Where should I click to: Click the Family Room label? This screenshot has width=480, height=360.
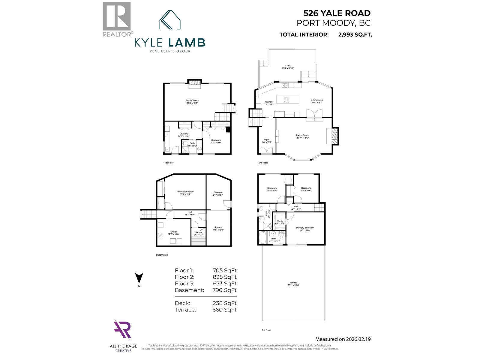pos(192,100)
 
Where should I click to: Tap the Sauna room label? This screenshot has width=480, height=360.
pos(198,232)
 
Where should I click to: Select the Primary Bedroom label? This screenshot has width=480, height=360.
pos(305,228)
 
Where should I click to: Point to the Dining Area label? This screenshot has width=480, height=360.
pos(316,100)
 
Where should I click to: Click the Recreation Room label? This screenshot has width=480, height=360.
pos(185,192)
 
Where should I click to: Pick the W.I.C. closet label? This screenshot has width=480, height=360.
pos(280,221)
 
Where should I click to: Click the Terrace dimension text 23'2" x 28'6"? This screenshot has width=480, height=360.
pos(293,285)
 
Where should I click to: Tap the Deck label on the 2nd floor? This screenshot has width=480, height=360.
pos(288,65)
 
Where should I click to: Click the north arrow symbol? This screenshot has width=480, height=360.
pos(139,278)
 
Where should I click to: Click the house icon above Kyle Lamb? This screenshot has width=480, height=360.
pos(170,20)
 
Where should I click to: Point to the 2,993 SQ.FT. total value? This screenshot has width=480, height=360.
pos(355,34)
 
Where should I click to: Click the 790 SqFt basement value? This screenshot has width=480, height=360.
pos(224,290)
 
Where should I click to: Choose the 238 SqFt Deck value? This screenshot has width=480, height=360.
pos(224,303)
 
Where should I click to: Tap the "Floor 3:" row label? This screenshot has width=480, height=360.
pos(184,283)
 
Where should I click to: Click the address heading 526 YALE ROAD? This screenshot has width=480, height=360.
pos(337,13)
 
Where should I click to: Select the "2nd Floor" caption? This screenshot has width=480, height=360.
pos(263,163)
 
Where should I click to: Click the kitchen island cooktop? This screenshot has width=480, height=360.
pos(286,100)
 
